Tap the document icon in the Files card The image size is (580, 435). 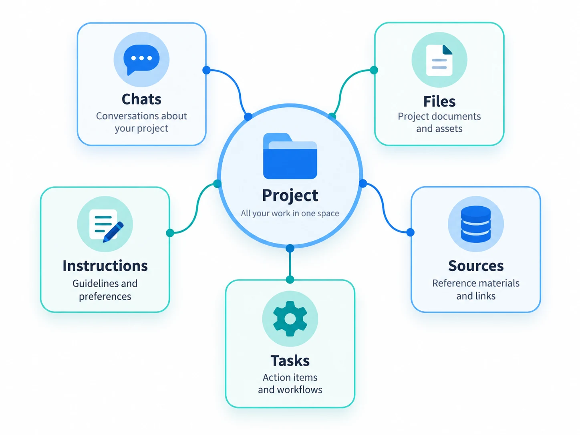[x=439, y=60]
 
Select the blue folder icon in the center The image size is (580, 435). [x=290, y=156]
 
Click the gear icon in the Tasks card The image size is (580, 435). [x=290, y=318]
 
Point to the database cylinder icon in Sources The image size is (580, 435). [x=475, y=224]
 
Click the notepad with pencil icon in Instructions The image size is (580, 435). [x=106, y=225]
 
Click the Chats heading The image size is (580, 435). [x=141, y=99]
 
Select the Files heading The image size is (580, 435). [x=439, y=101]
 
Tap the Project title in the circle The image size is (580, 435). [x=290, y=196]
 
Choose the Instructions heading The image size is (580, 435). [x=105, y=266]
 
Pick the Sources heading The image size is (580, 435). [x=475, y=266]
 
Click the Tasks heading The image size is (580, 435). [x=290, y=360]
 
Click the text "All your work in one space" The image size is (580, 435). [x=290, y=213]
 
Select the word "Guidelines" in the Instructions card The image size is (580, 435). [x=92, y=284]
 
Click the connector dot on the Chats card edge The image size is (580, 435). [x=206, y=70]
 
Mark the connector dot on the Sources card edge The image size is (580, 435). [x=410, y=232]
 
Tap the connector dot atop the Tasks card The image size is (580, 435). [x=290, y=280]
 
